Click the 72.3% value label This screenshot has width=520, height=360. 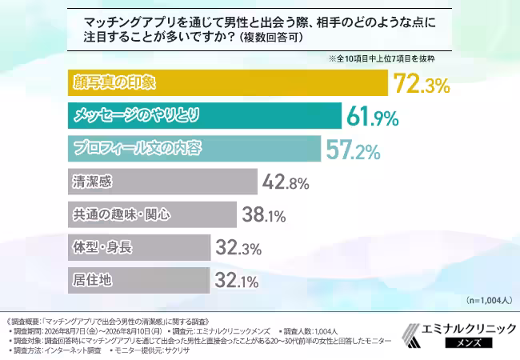pyautogui.click(x=422, y=83)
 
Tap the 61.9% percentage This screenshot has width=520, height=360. pyautogui.click(x=373, y=116)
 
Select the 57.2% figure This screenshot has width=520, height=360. pyautogui.click(x=353, y=149)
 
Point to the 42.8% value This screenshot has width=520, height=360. pyautogui.click(x=286, y=182)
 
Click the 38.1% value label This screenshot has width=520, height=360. pyautogui.click(x=264, y=214)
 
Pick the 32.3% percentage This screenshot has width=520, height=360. pyautogui.click(x=238, y=248)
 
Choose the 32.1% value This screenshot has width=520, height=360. pyautogui.click(x=237, y=281)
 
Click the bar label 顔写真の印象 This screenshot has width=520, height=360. pyautogui.click(x=114, y=82)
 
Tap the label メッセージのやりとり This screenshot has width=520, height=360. pyautogui.click(x=137, y=115)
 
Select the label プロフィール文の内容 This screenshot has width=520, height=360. pyautogui.click(x=138, y=148)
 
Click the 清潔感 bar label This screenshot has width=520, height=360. pyautogui.click(x=93, y=182)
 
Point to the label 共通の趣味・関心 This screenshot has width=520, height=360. pyautogui.click(x=122, y=214)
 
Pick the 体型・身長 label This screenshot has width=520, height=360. pyautogui.click(x=102, y=247)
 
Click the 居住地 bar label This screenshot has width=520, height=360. pyautogui.click(x=93, y=281)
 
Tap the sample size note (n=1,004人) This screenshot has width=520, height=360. pyautogui.click(x=489, y=300)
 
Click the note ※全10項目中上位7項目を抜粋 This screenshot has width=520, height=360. pyautogui.click(x=382, y=59)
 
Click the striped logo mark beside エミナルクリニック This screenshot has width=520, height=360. pyautogui.click(x=411, y=335)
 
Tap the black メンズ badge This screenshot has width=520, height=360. pyautogui.click(x=469, y=342)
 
